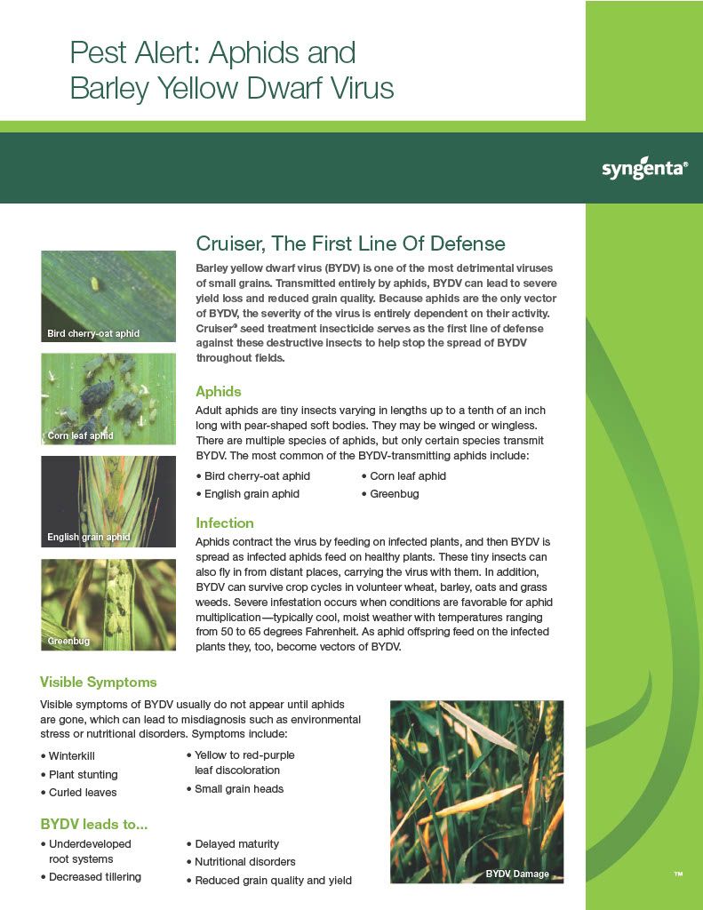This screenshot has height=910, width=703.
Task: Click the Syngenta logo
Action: click(x=644, y=169)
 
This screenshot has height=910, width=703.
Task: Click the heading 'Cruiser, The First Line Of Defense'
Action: click(x=351, y=243)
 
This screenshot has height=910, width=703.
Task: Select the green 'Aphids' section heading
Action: click(x=219, y=391)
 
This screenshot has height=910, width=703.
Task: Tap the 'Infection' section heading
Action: click(x=225, y=523)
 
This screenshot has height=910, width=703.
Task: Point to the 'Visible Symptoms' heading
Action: click(x=98, y=682)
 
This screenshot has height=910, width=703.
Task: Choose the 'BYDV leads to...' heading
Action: click(x=94, y=824)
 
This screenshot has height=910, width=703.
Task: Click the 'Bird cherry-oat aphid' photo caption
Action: click(x=93, y=334)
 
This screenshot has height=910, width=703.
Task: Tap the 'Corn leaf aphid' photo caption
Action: click(x=80, y=435)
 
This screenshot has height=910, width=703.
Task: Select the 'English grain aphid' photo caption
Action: click(x=89, y=537)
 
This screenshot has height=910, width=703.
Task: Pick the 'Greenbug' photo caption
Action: click(x=68, y=641)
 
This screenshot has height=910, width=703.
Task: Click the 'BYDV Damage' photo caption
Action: click(x=517, y=874)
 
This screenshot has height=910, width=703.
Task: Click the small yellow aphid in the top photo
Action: click(x=94, y=283)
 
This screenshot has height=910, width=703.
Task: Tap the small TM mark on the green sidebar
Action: click(x=678, y=874)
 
